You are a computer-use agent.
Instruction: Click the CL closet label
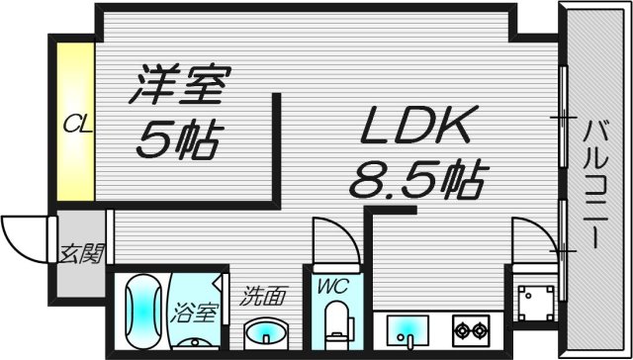pyautogui.click(x=73, y=125)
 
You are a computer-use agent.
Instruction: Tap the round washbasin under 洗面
pyautogui.click(x=264, y=331)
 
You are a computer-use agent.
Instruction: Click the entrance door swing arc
pyautogui.click(x=22, y=234)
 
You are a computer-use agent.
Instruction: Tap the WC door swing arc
pyautogui.click(x=326, y=237)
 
